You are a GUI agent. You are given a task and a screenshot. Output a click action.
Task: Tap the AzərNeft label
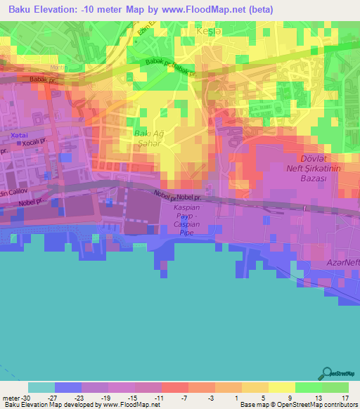pos(341,262)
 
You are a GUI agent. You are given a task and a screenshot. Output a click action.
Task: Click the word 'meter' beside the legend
pos(9,397)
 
